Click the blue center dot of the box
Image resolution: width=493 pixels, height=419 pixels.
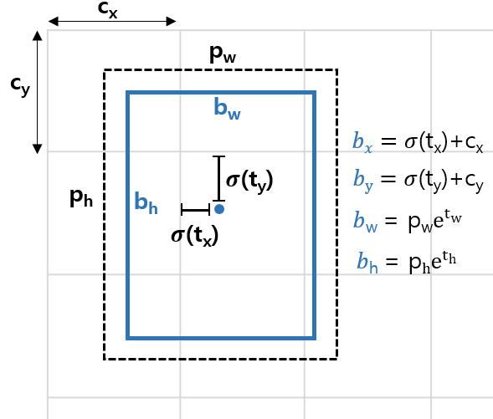219,209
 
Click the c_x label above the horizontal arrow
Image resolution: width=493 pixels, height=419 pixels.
107,9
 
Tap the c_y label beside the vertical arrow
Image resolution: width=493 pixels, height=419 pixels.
20,86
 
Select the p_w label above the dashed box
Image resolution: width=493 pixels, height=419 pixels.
223,54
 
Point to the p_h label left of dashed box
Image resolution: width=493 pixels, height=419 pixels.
81,197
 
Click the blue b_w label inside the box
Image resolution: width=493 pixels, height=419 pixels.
227,109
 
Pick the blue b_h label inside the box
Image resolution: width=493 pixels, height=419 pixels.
146,203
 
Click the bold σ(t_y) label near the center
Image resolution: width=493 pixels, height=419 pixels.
249,181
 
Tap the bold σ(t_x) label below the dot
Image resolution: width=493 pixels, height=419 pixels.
195,236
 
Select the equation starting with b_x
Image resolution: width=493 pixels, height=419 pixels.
418,142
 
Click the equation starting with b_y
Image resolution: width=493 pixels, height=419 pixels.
419,181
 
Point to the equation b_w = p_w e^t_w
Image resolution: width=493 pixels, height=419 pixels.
407,220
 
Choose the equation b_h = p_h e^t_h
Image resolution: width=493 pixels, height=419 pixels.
406,262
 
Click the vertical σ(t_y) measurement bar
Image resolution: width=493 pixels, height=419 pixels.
218,178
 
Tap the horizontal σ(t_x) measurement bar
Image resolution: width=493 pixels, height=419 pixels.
196,209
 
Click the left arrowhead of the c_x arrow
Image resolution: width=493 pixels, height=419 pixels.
53,22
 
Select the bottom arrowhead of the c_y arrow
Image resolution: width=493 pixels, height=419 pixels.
38,149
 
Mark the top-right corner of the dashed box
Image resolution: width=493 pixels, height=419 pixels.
337,69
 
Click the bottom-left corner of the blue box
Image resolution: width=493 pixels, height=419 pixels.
128,338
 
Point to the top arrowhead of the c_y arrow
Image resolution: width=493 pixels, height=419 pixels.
38,35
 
